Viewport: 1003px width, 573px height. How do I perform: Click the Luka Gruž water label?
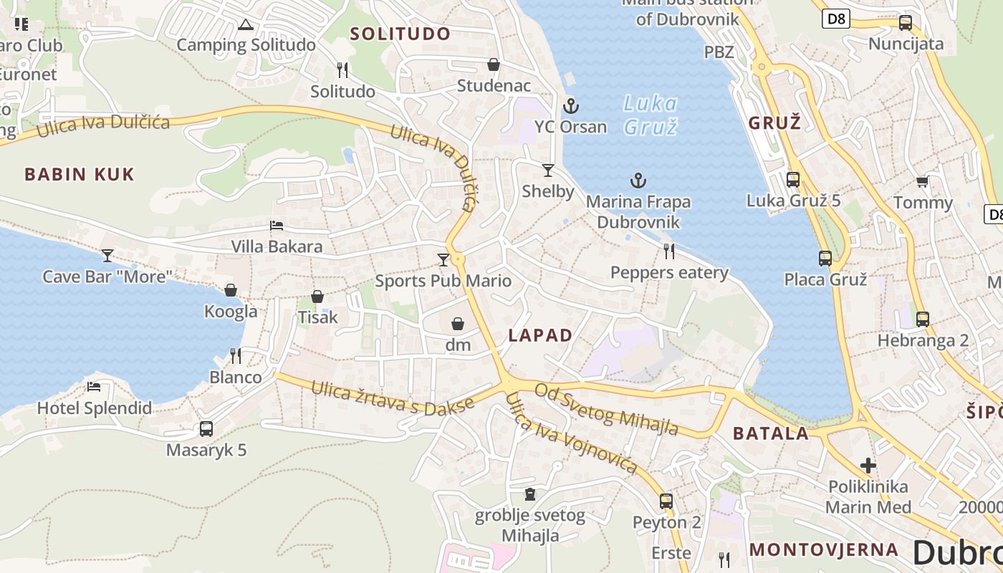click(x=650, y=115)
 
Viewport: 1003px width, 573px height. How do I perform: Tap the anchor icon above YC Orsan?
click(x=570, y=106)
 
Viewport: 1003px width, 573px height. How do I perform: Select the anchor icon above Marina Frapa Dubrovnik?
click(x=638, y=180)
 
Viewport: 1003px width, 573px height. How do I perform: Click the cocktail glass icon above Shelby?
click(x=548, y=170)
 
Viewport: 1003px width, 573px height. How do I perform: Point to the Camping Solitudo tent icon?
click(x=246, y=25)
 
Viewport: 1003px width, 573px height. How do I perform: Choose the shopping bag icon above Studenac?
click(x=494, y=64)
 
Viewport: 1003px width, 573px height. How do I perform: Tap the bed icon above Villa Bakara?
click(x=277, y=226)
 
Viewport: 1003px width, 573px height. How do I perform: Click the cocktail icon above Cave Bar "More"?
click(x=107, y=255)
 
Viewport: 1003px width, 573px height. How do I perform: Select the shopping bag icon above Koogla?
click(x=231, y=290)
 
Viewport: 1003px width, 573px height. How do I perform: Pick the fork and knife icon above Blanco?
click(x=235, y=355)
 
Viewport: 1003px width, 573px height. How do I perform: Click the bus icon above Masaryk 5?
click(x=206, y=429)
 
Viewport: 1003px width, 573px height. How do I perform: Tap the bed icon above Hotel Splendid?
click(x=94, y=387)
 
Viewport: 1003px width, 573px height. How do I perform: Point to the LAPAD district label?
click(x=540, y=335)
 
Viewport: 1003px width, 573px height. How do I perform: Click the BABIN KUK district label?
click(x=79, y=174)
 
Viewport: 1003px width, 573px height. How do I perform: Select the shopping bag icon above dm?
click(x=458, y=324)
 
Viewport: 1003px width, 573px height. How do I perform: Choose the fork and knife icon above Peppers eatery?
click(x=669, y=251)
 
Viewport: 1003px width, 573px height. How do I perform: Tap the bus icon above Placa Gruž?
click(x=825, y=258)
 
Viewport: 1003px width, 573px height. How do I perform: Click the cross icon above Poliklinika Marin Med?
click(x=868, y=466)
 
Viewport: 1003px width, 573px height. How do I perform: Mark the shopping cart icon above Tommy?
click(x=922, y=181)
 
